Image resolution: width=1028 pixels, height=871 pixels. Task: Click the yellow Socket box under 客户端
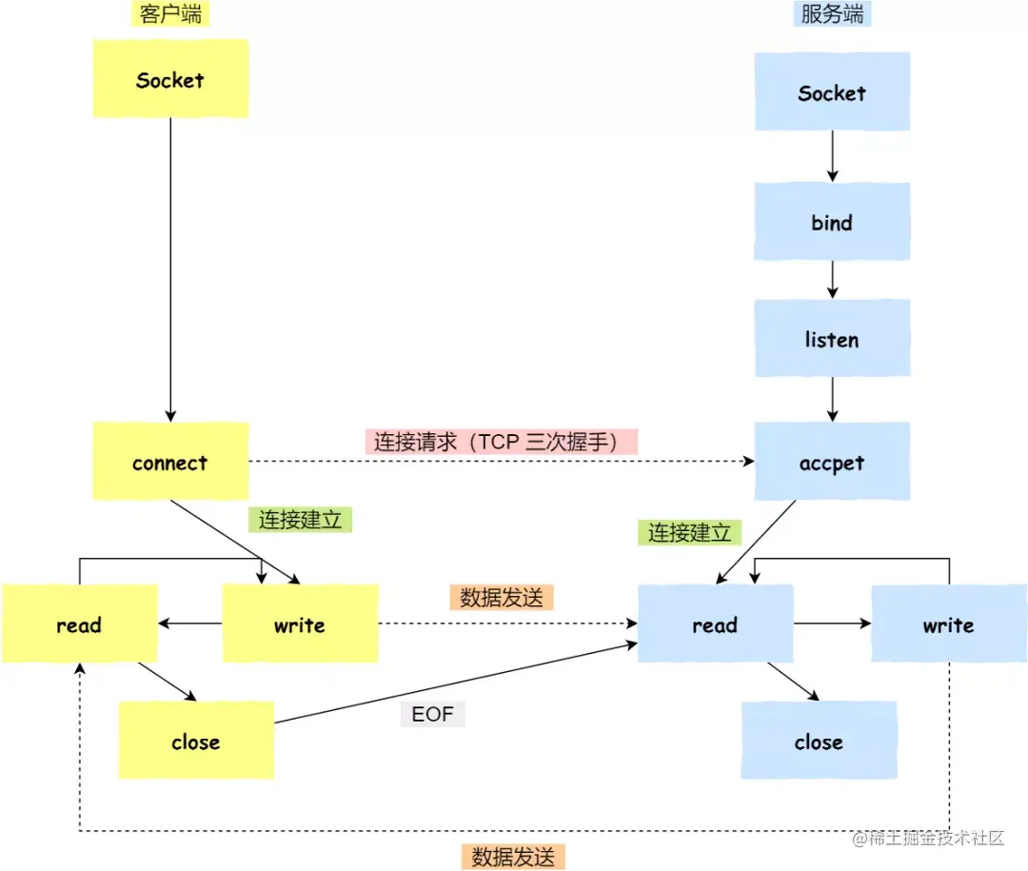170,80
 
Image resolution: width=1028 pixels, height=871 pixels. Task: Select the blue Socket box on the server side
832,92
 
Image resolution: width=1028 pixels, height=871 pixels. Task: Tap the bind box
832,223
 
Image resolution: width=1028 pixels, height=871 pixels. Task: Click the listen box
832,340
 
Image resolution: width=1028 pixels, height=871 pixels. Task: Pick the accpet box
832,463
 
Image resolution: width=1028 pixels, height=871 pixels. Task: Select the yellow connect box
170,463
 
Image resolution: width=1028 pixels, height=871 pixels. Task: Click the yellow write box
300,624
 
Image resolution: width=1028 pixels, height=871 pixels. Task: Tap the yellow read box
79,624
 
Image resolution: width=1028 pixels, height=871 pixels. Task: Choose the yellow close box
196,742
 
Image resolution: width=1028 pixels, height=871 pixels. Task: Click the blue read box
715,624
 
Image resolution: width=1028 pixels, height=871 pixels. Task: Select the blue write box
948,624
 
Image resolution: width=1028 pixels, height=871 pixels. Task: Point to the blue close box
819,742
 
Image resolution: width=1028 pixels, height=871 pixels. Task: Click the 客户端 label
169,13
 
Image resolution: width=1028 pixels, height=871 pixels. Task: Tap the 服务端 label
832,13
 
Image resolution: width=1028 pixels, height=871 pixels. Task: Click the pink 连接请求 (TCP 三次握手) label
501,442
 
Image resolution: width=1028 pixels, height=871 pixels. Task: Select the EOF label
432,714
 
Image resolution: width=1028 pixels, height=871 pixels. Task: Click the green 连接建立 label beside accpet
689,533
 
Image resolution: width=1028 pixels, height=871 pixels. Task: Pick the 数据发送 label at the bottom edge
514,856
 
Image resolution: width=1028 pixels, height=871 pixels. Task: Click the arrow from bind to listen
832,280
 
